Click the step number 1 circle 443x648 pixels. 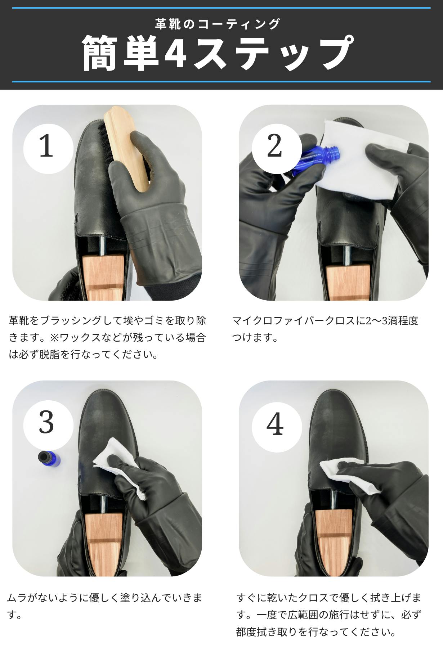coord(48,149)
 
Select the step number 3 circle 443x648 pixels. coord(48,425)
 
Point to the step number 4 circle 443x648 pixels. coord(277,425)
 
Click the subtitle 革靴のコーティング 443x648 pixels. coord(218,24)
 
